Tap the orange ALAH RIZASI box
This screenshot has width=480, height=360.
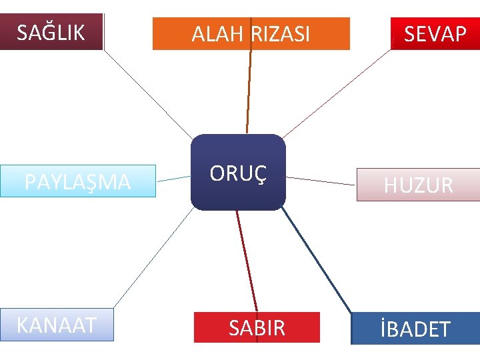[251, 33]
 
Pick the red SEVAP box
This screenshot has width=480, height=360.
[435, 33]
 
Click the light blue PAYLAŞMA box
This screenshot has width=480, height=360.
[77, 181]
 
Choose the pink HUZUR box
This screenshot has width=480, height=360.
[418, 185]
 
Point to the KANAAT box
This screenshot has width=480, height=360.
[57, 325]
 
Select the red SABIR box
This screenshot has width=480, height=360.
[257, 327]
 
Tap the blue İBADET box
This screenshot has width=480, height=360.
[415, 328]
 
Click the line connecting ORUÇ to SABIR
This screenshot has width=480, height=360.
[247, 260]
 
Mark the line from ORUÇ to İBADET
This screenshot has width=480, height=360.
[317, 260]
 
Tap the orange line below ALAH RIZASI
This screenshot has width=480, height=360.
[249, 92]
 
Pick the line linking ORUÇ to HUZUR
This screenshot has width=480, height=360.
[321, 181]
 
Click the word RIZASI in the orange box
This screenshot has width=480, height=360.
[281, 34]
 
